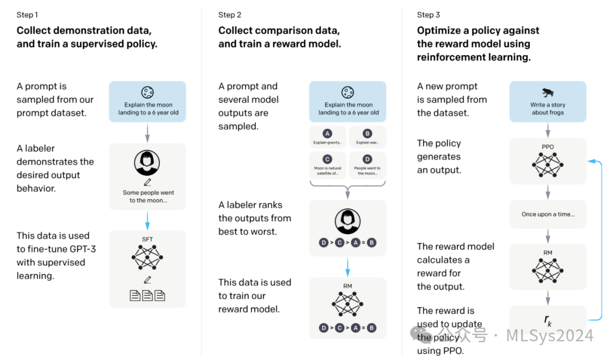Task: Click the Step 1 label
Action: (x=28, y=15)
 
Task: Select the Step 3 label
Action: (x=429, y=15)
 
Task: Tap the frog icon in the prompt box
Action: (x=548, y=93)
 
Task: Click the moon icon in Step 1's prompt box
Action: (x=148, y=93)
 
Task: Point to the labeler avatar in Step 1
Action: (x=147, y=163)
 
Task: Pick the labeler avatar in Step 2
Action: (x=347, y=220)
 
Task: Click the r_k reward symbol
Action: (x=548, y=320)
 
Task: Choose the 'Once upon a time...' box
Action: (x=548, y=215)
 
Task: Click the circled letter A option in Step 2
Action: (x=327, y=133)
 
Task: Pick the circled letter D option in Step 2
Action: (x=368, y=160)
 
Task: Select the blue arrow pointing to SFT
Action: (x=148, y=219)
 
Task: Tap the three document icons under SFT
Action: (x=148, y=295)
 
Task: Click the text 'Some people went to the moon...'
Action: (x=148, y=196)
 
